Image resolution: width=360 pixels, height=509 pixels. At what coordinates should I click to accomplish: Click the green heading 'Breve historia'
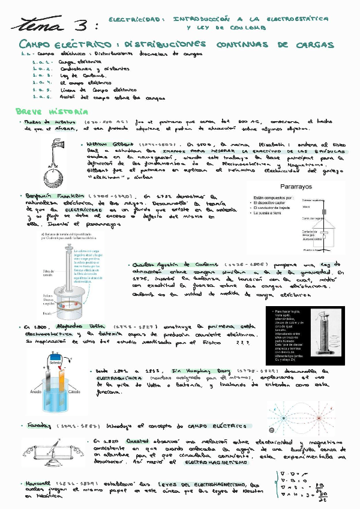tap(52, 112)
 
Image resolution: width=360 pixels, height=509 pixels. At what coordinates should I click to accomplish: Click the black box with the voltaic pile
tap(306, 337)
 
